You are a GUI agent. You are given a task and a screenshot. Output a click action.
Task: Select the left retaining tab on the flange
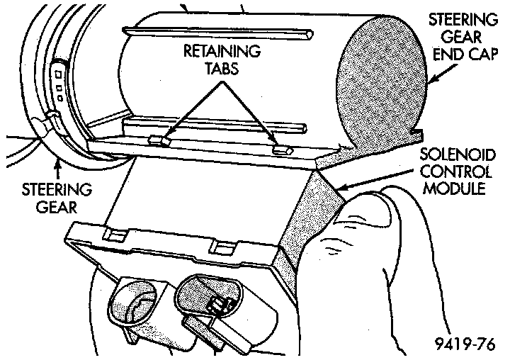(161, 140)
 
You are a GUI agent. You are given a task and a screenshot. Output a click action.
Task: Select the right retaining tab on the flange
(282, 150)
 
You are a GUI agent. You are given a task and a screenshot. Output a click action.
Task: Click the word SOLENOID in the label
(452, 154)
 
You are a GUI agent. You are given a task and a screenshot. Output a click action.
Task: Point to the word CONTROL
(452, 172)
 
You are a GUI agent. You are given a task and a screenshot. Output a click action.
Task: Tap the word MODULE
(452, 190)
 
